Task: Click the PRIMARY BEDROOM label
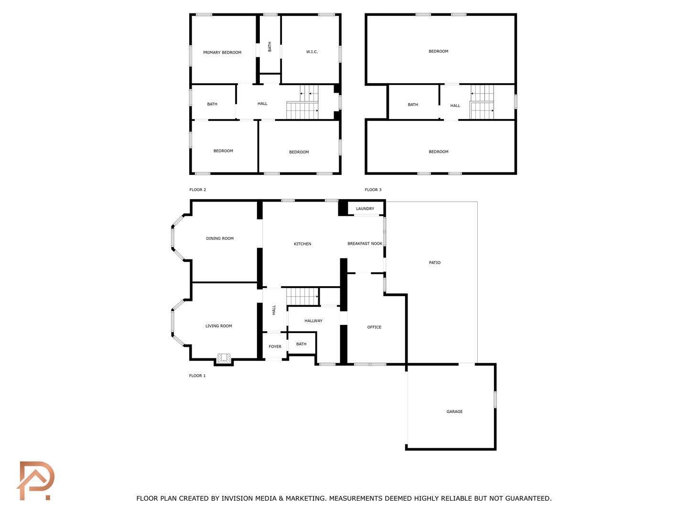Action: click(222, 53)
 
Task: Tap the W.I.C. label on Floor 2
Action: click(312, 52)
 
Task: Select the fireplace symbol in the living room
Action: click(224, 358)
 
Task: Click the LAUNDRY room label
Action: click(365, 208)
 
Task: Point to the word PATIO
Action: click(434, 263)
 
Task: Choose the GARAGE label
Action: click(454, 411)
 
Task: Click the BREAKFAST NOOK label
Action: click(365, 244)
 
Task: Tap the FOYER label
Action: click(275, 346)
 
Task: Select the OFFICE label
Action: click(374, 327)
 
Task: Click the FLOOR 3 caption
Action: click(373, 190)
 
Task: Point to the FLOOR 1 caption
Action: click(197, 376)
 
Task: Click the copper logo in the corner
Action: click(35, 481)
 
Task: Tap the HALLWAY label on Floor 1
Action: click(313, 321)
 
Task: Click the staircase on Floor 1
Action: click(302, 296)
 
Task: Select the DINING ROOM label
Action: click(220, 238)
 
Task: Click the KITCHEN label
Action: click(302, 244)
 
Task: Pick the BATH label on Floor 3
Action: click(413, 105)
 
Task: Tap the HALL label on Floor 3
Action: click(455, 106)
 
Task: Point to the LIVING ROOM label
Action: click(218, 326)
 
